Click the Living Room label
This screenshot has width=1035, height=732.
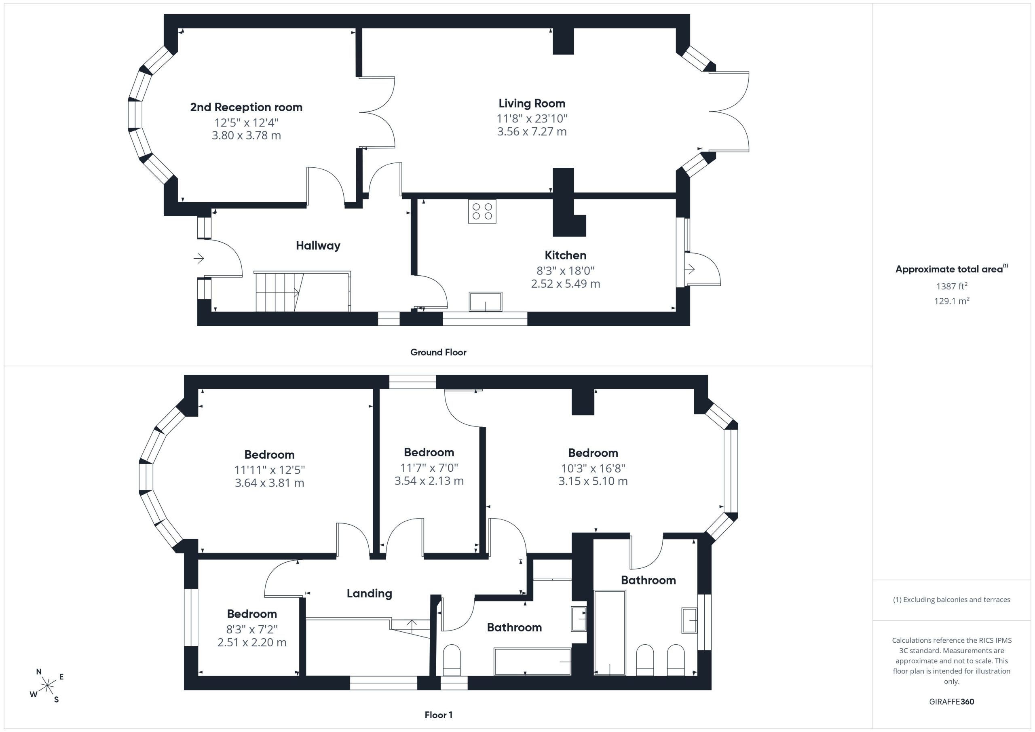click(x=532, y=103)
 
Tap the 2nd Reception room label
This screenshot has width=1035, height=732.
click(x=246, y=107)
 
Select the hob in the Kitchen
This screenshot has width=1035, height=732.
click(x=482, y=211)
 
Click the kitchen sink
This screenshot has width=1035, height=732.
click(x=486, y=302)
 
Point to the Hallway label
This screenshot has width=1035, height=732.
click(x=318, y=246)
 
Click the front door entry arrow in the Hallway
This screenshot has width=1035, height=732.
click(x=199, y=258)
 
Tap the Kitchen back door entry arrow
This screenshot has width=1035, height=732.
click(x=690, y=269)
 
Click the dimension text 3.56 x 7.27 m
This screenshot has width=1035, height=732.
click(x=532, y=132)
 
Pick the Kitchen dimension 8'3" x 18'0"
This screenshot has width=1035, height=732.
click(x=565, y=270)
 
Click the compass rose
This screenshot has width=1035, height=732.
click(x=47, y=686)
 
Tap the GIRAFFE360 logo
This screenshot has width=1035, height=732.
click(x=952, y=702)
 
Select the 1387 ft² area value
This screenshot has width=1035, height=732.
click(x=952, y=286)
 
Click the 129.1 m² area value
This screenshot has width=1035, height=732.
click(x=952, y=301)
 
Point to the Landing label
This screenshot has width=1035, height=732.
click(x=369, y=594)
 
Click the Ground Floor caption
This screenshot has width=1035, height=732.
click(x=438, y=352)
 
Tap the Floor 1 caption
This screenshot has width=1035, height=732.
click(x=438, y=715)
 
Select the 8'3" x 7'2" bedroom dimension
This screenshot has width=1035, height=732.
click(x=251, y=629)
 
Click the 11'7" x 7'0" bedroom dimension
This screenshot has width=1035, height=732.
click(x=429, y=468)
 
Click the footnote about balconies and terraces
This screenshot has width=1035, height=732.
click(x=952, y=599)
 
